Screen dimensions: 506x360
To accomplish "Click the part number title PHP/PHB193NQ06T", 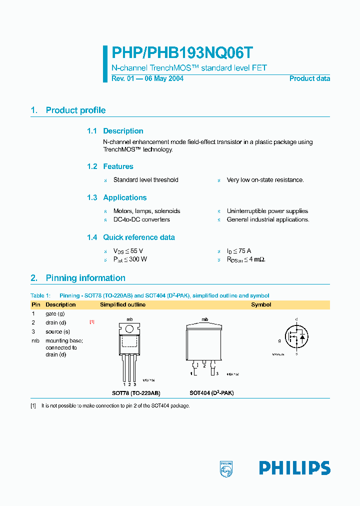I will click(182, 53).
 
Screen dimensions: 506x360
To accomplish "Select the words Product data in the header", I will click(309, 78).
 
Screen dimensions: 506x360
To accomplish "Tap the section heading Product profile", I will click(75, 110).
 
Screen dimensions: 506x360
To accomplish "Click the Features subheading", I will click(118, 166).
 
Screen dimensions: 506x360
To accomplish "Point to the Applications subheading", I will click(124, 197).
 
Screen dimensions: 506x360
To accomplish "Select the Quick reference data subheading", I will click(139, 237).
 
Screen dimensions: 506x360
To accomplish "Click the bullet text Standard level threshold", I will click(145, 180).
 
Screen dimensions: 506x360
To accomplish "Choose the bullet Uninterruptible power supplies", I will click(267, 211).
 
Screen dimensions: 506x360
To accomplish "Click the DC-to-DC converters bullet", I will click(141, 219).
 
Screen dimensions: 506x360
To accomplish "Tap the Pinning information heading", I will click(85, 278).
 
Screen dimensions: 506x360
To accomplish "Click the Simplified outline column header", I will click(122, 304).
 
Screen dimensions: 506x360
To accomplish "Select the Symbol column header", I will click(261, 304).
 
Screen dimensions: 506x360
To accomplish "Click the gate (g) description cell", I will click(55, 313).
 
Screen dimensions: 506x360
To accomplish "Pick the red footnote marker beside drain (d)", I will click(92, 322).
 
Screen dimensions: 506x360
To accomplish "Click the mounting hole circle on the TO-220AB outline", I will click(129, 329).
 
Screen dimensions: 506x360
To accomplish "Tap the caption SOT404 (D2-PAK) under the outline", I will click(211, 393).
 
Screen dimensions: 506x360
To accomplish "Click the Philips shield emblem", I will click(226, 468).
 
